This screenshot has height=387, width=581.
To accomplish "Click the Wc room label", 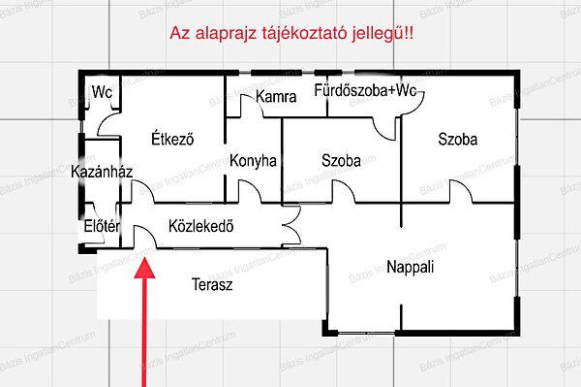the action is (x=102, y=93).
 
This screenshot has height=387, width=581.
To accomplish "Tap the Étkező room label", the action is (x=173, y=139).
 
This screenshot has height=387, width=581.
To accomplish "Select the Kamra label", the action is (x=276, y=96).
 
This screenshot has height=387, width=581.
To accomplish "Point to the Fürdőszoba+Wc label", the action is (x=365, y=91).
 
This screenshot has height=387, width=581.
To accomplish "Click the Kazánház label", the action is (x=102, y=172).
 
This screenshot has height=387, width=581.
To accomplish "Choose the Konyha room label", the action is (x=254, y=162).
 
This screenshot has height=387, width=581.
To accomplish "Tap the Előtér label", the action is (x=101, y=228).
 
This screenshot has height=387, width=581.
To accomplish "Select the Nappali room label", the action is (x=410, y=267).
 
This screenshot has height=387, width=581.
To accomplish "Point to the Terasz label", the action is (x=212, y=286).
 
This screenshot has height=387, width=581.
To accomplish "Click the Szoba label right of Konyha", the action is (x=341, y=162).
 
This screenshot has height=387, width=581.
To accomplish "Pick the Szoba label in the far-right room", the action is (x=457, y=140).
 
